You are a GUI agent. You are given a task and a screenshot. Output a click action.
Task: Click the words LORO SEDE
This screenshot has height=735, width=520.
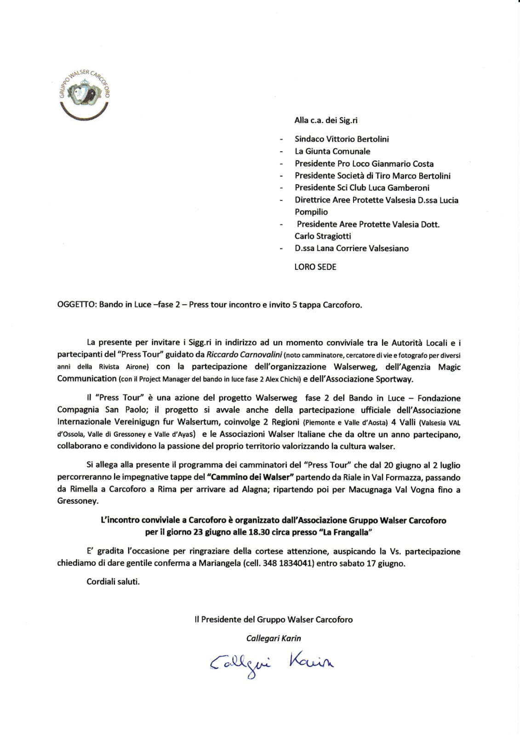tap(315, 267)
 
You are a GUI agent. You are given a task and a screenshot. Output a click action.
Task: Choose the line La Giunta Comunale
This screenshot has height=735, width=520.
tap(332, 151)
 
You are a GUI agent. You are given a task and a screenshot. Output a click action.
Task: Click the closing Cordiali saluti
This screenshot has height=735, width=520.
tap(113, 581)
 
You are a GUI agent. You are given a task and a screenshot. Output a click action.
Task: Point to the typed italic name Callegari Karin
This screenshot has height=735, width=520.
tap(274, 638)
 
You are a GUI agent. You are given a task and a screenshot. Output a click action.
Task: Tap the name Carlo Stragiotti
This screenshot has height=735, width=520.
tap(323, 236)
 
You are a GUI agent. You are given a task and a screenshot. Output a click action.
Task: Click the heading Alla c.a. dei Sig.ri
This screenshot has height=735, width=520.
tap(326, 120)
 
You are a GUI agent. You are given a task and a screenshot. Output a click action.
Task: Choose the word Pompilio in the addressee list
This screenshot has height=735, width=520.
tap(311, 212)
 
